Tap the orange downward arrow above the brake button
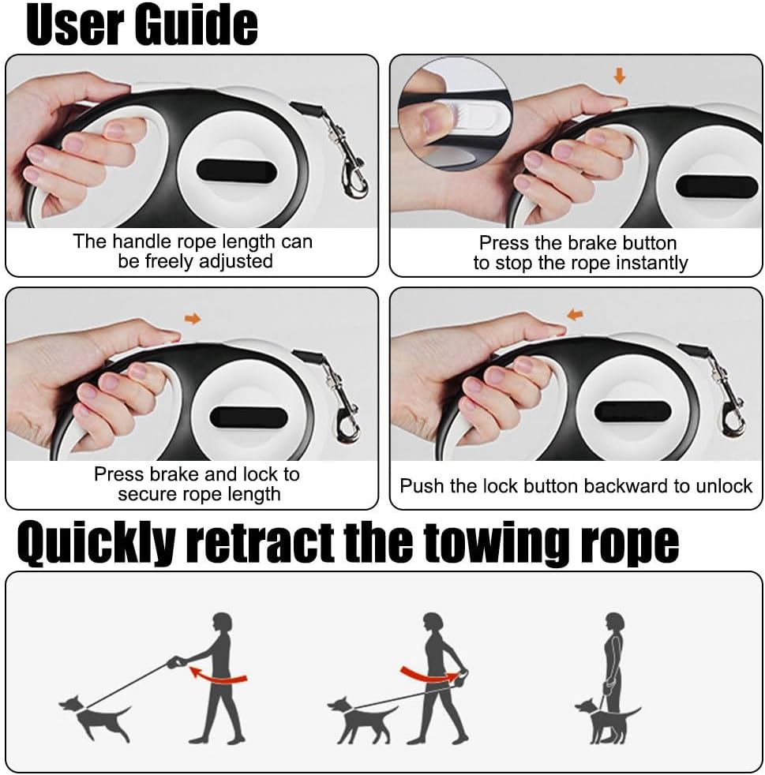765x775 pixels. (620, 76)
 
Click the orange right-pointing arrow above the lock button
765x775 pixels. (193, 319)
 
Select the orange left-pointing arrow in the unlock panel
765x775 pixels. (575, 314)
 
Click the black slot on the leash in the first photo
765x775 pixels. (236, 171)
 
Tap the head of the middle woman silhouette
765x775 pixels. (433, 623)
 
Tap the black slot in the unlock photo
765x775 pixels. (632, 411)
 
